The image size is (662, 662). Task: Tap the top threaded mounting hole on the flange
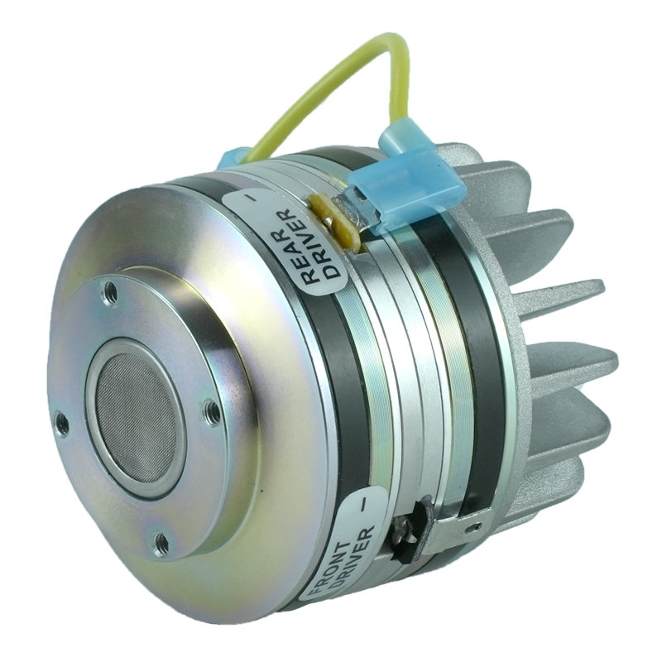[109, 290]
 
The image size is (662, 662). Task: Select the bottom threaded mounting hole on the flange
[161, 543]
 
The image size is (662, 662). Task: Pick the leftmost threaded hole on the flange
[61, 425]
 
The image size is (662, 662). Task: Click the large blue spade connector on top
[403, 185]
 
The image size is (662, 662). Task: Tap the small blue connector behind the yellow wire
[236, 157]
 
